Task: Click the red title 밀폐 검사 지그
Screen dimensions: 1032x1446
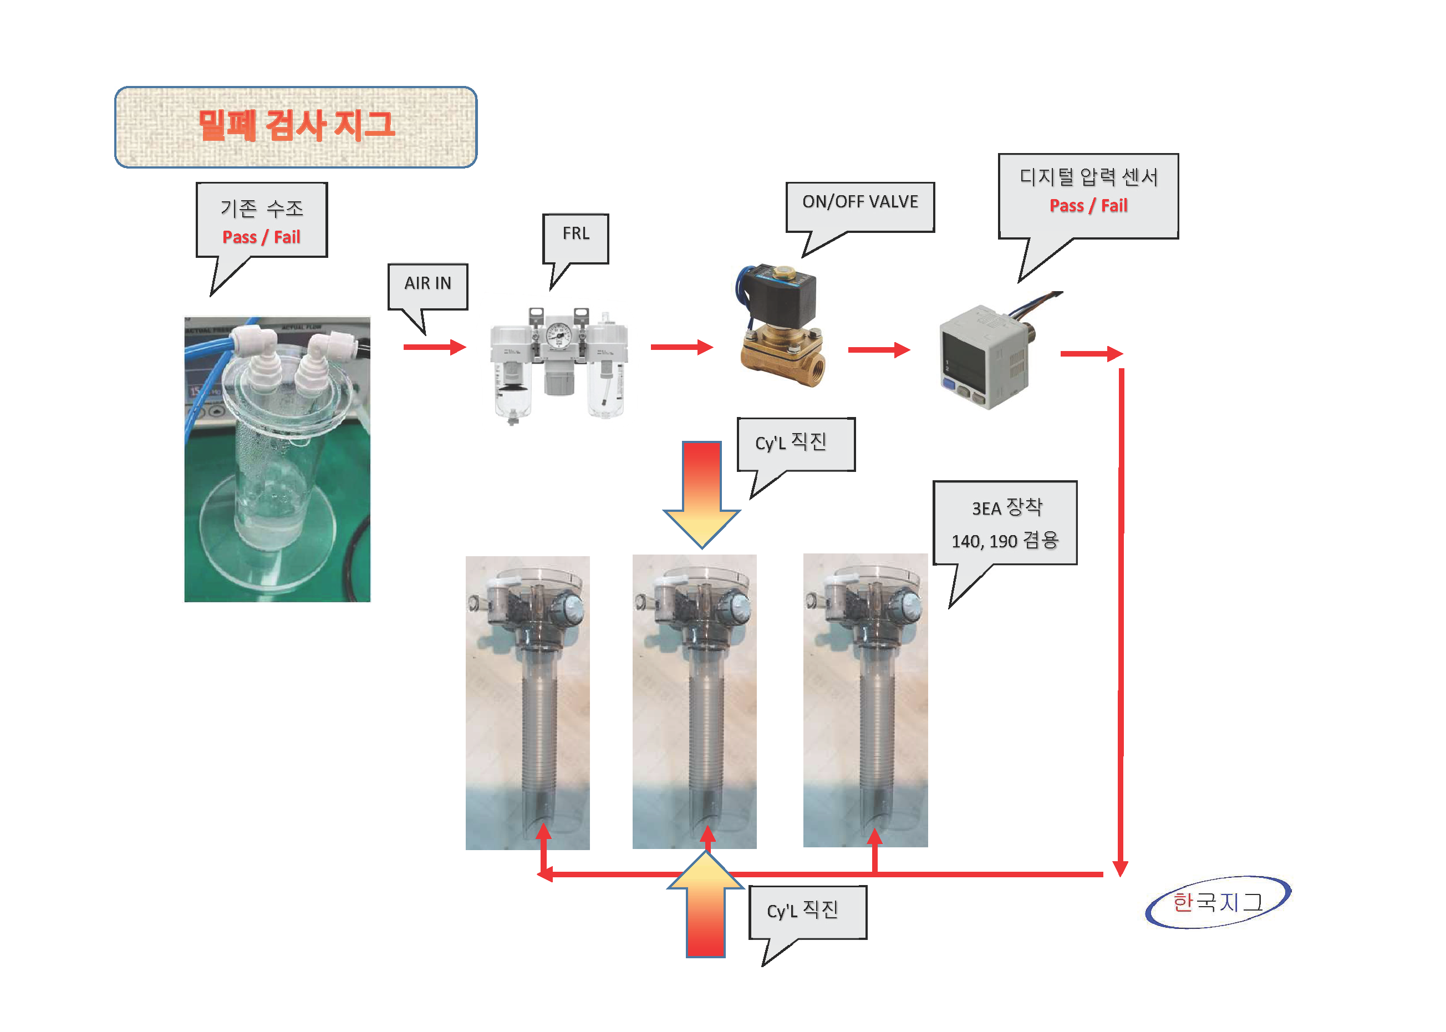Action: (296, 125)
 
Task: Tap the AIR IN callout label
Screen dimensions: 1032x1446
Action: (427, 283)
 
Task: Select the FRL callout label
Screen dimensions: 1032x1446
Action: (576, 234)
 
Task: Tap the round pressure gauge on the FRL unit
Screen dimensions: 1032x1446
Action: (559, 336)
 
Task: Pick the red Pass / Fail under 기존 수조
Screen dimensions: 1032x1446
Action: (261, 238)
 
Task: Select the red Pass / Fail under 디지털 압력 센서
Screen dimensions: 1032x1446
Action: (1088, 206)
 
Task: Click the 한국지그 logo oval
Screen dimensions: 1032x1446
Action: (1217, 902)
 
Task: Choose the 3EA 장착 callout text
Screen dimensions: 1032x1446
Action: (1007, 508)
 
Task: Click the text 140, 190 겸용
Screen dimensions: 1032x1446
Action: (1005, 541)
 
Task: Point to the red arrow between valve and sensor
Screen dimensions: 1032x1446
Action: (879, 349)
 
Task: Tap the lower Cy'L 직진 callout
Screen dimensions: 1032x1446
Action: (802, 911)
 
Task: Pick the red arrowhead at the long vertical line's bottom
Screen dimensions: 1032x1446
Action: (1120, 868)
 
